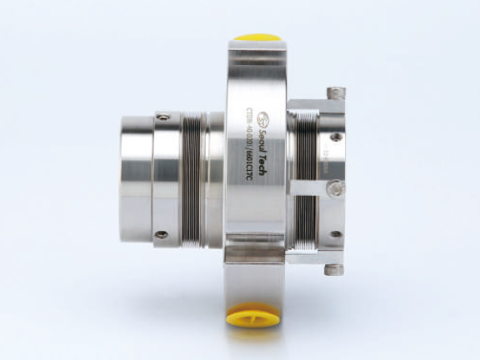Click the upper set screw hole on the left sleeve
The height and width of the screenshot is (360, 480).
pyautogui.click(x=163, y=117)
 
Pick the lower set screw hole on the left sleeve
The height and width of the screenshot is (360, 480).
pyautogui.click(x=162, y=234)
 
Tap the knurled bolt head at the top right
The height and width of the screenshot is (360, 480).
pyautogui.click(x=336, y=92)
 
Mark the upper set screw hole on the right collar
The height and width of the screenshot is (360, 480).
pyautogui.click(x=335, y=137)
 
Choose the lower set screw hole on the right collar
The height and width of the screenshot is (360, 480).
pyautogui.click(x=335, y=234)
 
